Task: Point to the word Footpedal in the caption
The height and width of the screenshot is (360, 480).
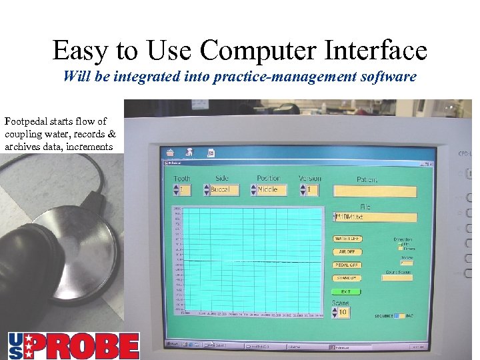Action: [x=27, y=121]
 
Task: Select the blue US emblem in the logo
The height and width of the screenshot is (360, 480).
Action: [x=18, y=345]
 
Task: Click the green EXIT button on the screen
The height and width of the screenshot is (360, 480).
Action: [x=347, y=292]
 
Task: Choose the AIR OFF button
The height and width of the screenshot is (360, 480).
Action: [x=347, y=252]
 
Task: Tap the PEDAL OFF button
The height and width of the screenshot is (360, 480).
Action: [x=347, y=265]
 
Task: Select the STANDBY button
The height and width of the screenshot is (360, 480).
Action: [x=347, y=278]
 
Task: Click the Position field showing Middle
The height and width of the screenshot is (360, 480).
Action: [x=271, y=190]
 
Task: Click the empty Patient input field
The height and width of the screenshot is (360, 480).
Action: [x=375, y=192]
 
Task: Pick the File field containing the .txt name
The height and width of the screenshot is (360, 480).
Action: [x=375, y=217]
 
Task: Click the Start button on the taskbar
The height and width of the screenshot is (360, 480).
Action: [x=172, y=344]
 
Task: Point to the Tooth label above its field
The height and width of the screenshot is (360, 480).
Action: [x=181, y=179]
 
